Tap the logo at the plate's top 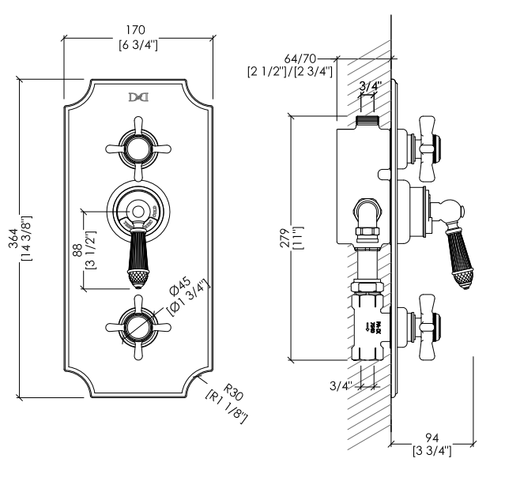[x=138, y=98]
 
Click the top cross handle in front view [x=138, y=147]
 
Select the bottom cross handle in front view [x=138, y=325]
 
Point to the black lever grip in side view [x=461, y=257]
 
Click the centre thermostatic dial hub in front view [x=138, y=210]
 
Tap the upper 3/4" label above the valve [x=367, y=86]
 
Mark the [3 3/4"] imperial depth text [x=431, y=451]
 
